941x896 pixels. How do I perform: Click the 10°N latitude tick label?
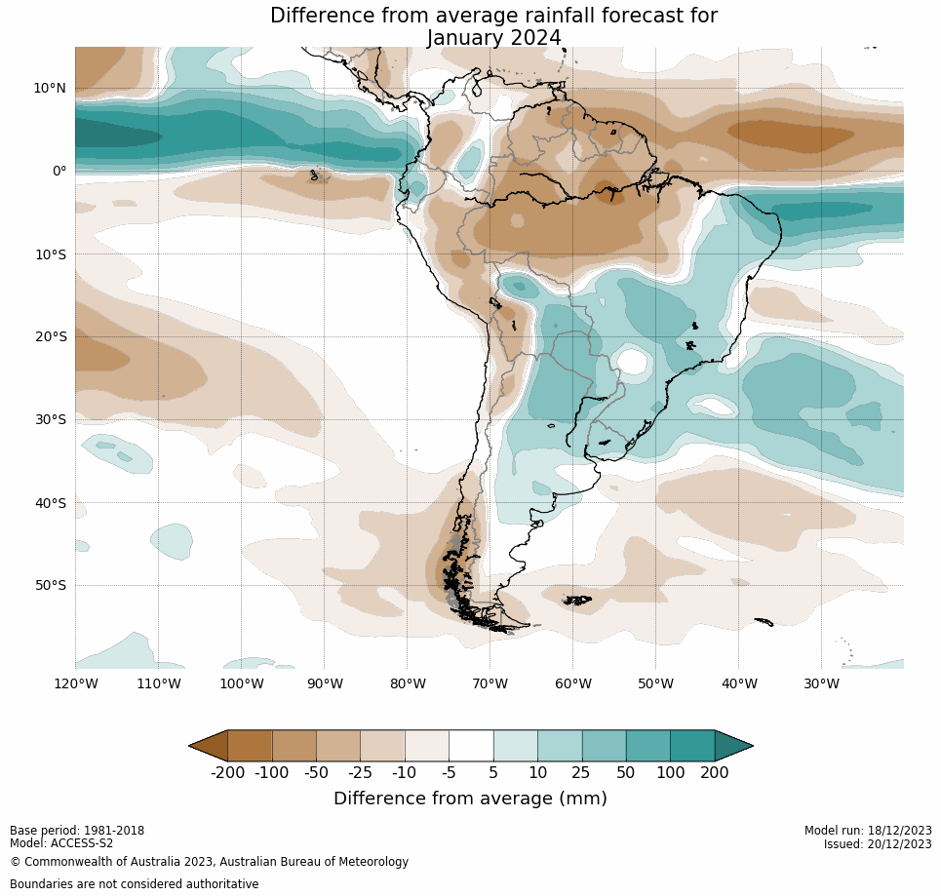(50, 88)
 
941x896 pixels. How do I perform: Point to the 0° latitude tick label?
(59, 171)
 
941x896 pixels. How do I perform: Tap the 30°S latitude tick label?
(50, 419)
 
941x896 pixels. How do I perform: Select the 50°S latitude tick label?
(50, 585)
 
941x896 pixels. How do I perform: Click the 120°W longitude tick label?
(75, 683)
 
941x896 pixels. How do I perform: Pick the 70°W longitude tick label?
(490, 683)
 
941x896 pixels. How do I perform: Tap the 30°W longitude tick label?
(821, 683)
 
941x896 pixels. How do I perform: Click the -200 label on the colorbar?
(228, 773)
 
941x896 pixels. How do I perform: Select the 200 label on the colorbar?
(715, 773)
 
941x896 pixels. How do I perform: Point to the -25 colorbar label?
(361, 773)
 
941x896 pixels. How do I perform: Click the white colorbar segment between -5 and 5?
(471, 746)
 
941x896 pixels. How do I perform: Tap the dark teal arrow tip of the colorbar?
(733, 746)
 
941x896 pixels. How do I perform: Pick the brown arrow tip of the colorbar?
(209, 746)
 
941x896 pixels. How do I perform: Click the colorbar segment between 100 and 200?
(692, 746)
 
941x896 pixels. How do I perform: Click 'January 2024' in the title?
(493, 38)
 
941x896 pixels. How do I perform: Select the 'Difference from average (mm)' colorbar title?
(470, 799)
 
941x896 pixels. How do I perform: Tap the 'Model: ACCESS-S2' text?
(61, 843)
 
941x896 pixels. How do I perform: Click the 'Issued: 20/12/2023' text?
(878, 844)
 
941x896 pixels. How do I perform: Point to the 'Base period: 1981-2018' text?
(77, 831)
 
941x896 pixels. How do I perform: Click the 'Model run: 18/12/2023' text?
(868, 831)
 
